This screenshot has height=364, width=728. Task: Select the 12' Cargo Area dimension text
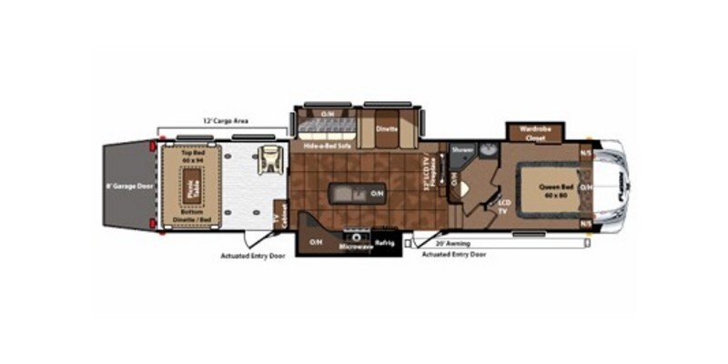click(x=226, y=120)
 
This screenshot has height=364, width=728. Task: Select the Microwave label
click(x=356, y=248)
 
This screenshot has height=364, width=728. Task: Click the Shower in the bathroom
click(x=461, y=150)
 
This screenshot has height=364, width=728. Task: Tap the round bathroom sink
click(x=488, y=149)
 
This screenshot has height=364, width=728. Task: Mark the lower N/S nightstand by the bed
click(x=586, y=224)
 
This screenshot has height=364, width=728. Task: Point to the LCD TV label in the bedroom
click(x=502, y=205)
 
